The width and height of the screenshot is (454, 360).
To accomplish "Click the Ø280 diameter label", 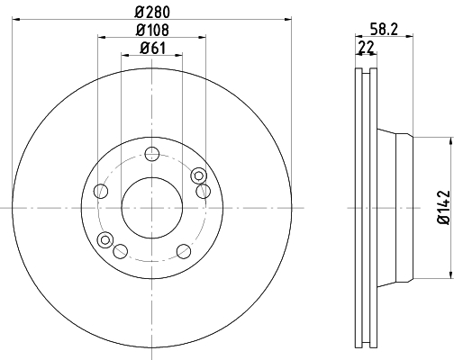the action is [x=152, y=13].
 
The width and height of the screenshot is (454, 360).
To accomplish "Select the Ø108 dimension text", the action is [x=152, y=30].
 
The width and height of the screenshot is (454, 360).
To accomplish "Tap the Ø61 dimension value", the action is [x=152, y=48].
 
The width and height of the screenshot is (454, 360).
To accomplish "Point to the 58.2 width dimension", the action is [x=384, y=30].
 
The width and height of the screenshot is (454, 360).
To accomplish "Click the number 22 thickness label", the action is [x=367, y=47].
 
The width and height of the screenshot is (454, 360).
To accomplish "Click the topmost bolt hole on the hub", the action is [x=151, y=154].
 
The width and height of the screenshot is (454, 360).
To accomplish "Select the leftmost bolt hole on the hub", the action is [x=101, y=191].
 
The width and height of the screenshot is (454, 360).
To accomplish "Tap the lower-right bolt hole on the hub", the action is [x=184, y=251].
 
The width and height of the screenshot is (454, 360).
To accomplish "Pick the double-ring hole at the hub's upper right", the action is [x=198, y=175].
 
